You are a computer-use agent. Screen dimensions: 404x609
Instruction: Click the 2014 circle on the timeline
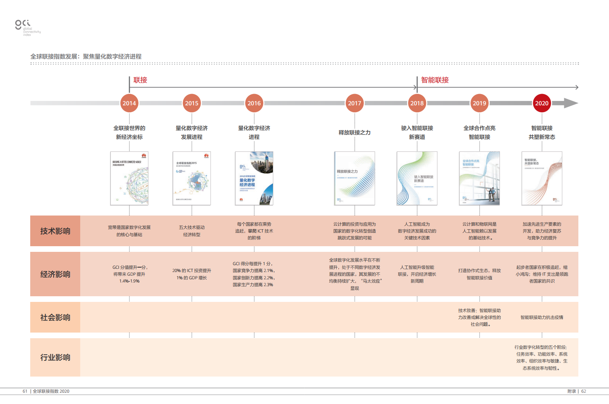(x=129, y=103)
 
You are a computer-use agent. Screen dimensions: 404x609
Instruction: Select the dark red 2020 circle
(x=542, y=103)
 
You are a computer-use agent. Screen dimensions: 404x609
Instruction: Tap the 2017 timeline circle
(x=354, y=103)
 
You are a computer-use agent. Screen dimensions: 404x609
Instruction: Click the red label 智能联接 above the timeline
(x=435, y=80)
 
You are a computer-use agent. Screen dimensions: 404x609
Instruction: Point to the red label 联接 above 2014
(x=140, y=80)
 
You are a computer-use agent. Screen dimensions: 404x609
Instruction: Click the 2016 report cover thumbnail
(x=254, y=178)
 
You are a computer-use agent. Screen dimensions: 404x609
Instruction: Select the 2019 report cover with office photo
(x=479, y=178)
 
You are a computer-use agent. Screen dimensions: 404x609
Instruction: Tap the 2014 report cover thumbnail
(x=129, y=178)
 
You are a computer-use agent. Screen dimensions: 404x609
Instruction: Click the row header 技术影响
(x=55, y=231)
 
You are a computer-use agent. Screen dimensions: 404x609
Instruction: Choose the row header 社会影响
(x=55, y=317)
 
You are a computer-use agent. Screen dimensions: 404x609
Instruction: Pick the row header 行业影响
(x=55, y=357)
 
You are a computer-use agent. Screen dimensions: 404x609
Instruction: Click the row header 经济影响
(x=55, y=274)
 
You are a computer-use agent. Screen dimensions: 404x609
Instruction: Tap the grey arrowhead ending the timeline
(x=571, y=103)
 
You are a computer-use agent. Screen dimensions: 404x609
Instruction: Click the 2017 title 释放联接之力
(x=354, y=132)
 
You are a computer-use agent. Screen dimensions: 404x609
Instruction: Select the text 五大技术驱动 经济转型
(x=192, y=231)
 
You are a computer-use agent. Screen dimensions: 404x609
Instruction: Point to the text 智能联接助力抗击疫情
(x=542, y=317)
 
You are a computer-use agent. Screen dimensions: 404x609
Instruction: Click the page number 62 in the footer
(x=583, y=391)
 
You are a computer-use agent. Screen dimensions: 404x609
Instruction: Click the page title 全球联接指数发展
(x=86, y=57)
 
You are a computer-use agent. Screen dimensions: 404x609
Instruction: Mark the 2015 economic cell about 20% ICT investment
(x=192, y=274)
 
